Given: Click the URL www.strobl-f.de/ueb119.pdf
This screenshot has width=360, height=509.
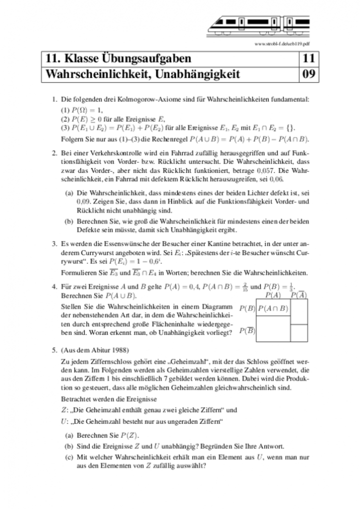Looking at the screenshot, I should pos(281,43).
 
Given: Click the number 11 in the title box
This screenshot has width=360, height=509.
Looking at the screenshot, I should pos(308,59).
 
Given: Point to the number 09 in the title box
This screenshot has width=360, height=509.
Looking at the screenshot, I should pos(308,74).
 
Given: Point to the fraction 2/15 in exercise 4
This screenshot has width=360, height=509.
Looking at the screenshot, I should pos(243,287).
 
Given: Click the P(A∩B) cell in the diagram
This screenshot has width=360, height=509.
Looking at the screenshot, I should pos(273,308).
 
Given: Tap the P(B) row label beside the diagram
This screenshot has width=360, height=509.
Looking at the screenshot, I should pos(247,308).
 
